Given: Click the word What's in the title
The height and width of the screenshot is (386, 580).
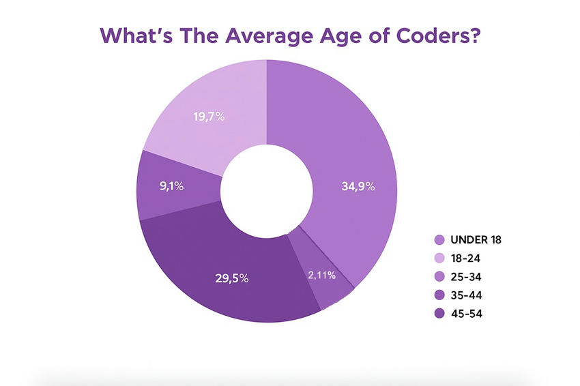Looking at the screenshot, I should [136, 35].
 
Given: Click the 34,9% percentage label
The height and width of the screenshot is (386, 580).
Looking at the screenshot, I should [358, 185].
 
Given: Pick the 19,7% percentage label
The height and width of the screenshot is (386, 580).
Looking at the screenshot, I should [209, 117].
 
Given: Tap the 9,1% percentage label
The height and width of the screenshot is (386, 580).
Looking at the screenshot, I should [171, 185].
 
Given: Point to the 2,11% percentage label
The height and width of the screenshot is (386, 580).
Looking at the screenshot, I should [321, 275].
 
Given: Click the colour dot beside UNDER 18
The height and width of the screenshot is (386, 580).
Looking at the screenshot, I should [439, 240].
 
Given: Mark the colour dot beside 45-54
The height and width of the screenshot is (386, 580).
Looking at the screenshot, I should [439, 314].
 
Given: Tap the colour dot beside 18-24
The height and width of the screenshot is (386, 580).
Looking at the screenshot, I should [439, 258].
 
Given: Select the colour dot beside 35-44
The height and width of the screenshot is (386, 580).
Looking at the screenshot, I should [439, 295].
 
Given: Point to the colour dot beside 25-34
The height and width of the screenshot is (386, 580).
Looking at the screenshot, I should [439, 277].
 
